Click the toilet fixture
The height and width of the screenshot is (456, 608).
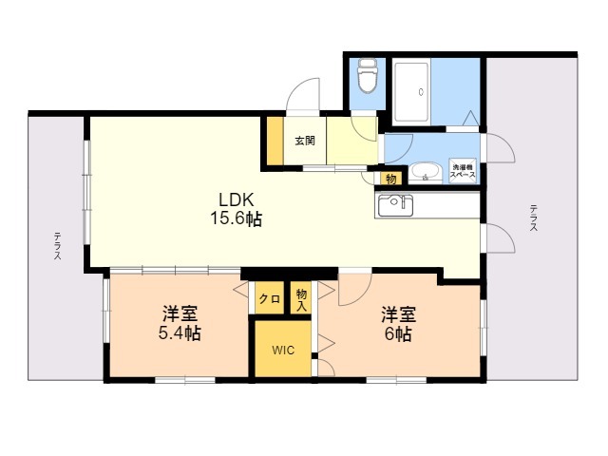pos(368,75)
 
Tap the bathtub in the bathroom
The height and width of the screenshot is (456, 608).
pos(411,91)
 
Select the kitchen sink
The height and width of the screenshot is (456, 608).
pos(395,205)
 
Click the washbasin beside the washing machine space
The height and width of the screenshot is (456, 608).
pos(426,172)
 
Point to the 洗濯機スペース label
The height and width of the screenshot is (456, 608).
pos(463,171)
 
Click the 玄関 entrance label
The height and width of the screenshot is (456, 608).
pos(305,141)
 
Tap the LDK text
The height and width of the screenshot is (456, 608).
pos(237,200)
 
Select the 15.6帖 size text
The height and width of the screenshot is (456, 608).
pos(237,218)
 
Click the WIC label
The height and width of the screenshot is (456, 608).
pos(283,350)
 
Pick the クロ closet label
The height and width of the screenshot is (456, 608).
pos(270,299)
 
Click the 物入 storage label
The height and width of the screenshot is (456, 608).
pos(301,300)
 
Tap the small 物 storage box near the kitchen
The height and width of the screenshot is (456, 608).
pos(390,179)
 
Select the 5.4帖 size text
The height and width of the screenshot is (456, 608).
pos(180,333)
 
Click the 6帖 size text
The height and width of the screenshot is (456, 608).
pos(398,333)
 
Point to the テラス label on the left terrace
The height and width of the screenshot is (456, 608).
pos(57,245)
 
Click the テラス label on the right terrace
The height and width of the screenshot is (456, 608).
pos(534,218)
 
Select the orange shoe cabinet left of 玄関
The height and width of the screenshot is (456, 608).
pos(275,141)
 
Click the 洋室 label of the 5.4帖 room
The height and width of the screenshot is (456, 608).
pos(180,313)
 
